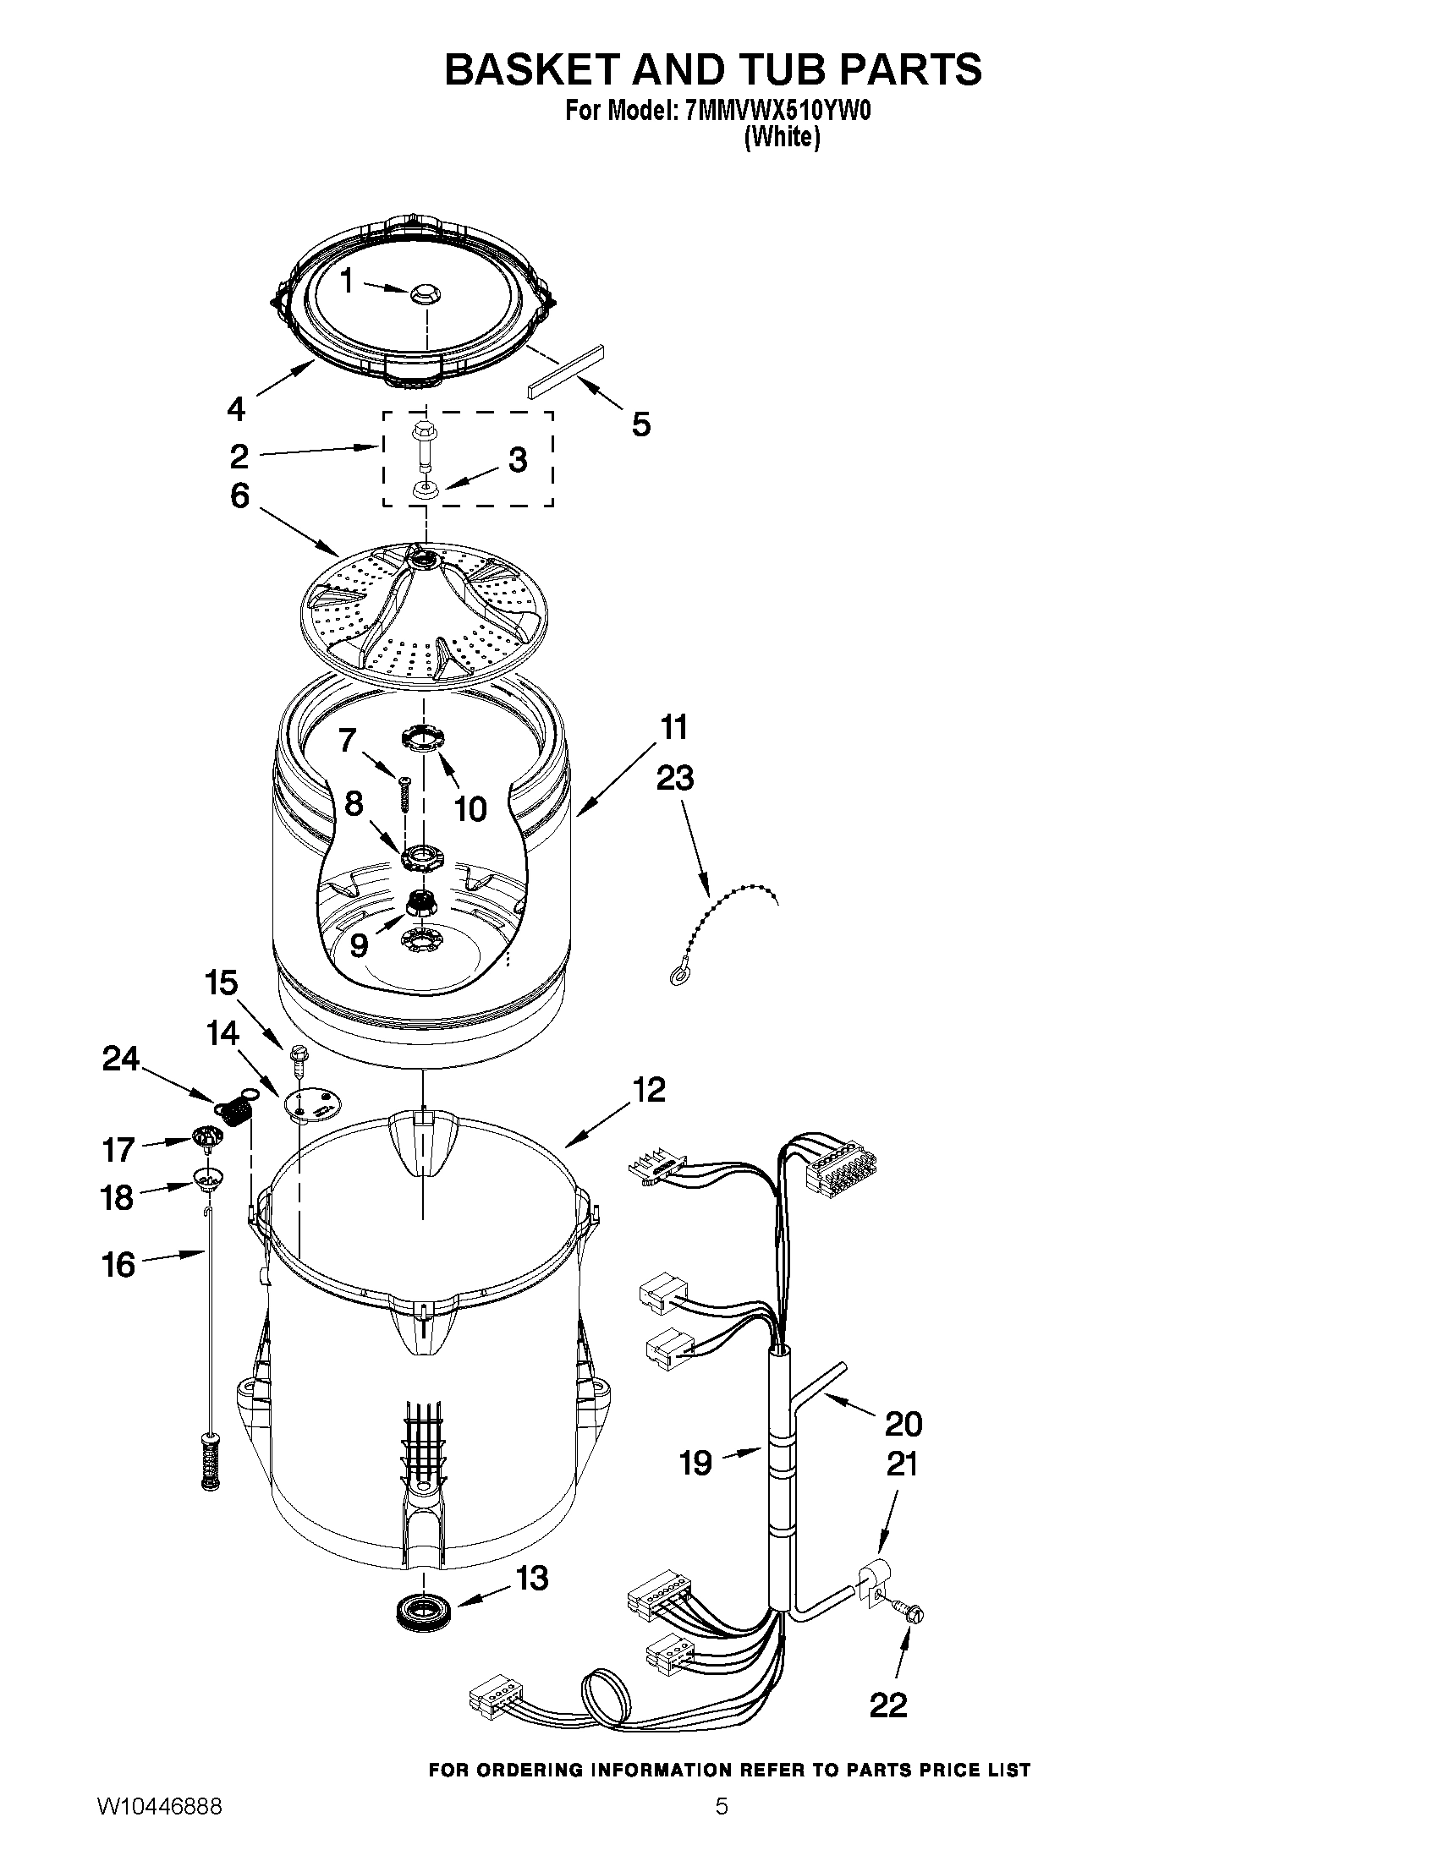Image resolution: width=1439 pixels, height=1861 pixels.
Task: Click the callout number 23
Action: coord(674,778)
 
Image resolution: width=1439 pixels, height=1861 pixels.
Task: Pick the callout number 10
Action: coord(470,807)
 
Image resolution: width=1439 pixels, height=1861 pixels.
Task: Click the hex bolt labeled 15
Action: coord(299,1057)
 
